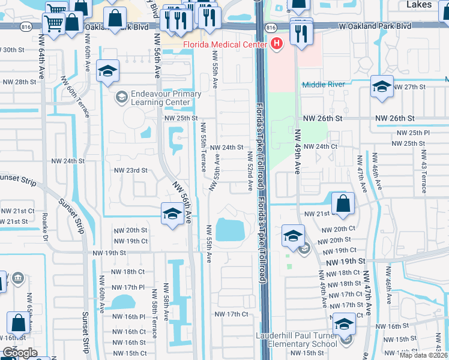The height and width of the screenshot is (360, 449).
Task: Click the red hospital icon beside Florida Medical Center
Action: click(276, 43)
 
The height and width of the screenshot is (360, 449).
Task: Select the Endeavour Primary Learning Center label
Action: click(166, 98)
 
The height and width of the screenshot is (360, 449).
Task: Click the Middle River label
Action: click(324, 85)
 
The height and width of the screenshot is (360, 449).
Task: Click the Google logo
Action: click(20, 353)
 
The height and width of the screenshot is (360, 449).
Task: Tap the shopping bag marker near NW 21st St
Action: click(342, 203)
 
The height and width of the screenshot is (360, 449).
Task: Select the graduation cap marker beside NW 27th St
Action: click(382, 87)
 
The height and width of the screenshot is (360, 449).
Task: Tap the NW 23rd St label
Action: click(130, 170)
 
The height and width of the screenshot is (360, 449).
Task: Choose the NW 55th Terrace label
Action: click(204, 148)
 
